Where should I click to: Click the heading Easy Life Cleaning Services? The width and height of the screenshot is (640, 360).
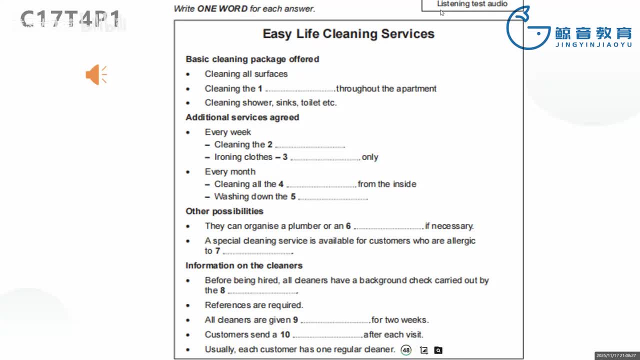click(x=348, y=34)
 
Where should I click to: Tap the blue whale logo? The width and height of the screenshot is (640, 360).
click(x=525, y=28)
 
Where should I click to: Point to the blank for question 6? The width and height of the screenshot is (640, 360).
click(x=388, y=227)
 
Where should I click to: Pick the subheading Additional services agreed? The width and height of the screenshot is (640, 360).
click(x=242, y=117)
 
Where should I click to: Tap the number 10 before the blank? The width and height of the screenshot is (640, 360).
click(x=285, y=334)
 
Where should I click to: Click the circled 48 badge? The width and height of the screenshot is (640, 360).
click(x=406, y=350)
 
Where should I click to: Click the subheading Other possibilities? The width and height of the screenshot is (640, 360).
click(x=224, y=211)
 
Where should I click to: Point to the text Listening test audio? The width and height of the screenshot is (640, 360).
click(x=472, y=4)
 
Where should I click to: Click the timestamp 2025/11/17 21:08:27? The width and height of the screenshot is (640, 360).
click(x=615, y=355)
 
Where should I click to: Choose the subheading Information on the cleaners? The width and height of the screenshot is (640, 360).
click(x=244, y=265)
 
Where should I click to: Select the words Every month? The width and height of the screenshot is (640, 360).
click(x=230, y=171)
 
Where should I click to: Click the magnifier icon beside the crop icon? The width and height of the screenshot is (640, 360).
click(x=438, y=350)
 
